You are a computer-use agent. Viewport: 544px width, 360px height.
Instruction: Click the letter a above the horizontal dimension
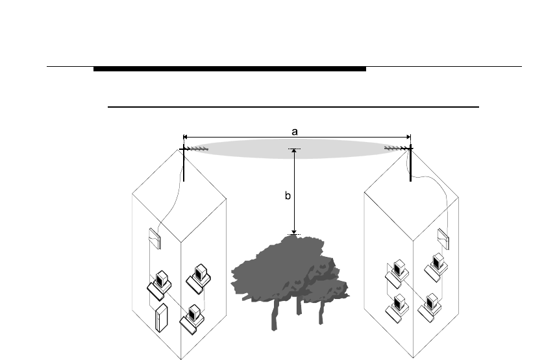294,131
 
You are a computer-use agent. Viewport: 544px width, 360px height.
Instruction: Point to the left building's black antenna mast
184,165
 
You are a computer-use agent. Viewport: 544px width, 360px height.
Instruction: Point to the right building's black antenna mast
410,165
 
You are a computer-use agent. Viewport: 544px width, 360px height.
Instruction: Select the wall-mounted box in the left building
154,239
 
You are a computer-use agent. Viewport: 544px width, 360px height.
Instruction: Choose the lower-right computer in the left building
193,315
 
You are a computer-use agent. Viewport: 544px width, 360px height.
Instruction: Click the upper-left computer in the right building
397,272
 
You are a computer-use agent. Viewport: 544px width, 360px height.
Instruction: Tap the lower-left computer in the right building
397,307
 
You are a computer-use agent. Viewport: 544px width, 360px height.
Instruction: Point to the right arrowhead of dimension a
408,137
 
